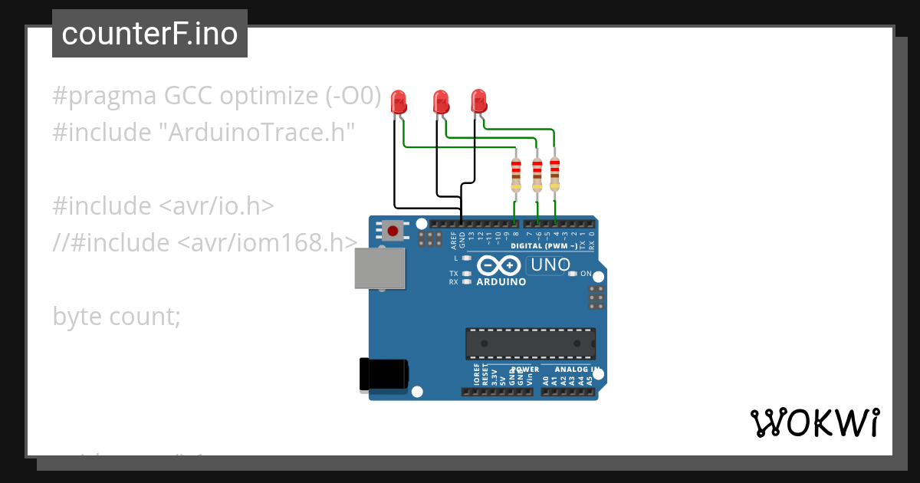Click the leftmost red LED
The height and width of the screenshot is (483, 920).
pyautogui.click(x=399, y=103)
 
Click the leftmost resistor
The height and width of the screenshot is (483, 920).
pyautogui.click(x=516, y=176)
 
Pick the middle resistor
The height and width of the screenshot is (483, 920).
pyautogui.click(x=537, y=176)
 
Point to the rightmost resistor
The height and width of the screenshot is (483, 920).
pyautogui.click(x=554, y=174)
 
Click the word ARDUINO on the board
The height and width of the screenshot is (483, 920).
pyautogui.click(x=501, y=282)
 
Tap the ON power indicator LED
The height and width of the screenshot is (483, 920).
pyautogui.click(x=572, y=274)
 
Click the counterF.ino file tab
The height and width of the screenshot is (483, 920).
pyautogui.click(x=149, y=34)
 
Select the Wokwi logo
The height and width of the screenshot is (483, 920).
pyautogui.click(x=814, y=422)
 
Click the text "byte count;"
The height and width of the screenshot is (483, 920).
pyautogui.click(x=117, y=316)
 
